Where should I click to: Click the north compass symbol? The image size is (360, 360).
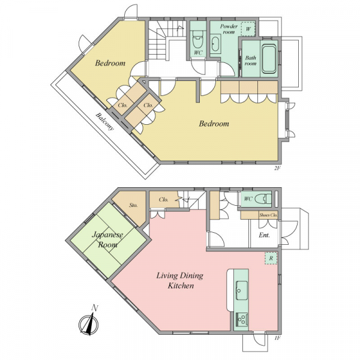coord(89,322)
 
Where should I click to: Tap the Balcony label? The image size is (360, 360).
coord(104,121)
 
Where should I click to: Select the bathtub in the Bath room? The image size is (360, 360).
coord(269,59)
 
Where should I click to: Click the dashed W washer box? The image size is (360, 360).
coord(248,29)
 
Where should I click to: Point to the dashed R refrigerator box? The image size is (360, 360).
coord(271,258)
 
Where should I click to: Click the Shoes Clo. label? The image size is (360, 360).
coord(268,215)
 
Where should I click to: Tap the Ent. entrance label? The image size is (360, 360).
coord(264,235)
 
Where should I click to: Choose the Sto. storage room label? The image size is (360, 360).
coord(133,205)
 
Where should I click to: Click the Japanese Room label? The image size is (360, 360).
coord(107,239)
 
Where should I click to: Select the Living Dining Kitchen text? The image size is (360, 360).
coord(180,280)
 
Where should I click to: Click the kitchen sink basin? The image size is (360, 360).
coord(241,290)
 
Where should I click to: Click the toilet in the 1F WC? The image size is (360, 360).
coord(263,199)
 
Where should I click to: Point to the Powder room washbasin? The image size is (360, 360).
coord(215,44)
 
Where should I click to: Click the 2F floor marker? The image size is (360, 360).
coord(277,168)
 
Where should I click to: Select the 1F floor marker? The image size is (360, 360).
coord(278,338)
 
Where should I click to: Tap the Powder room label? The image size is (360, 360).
coord(229,29)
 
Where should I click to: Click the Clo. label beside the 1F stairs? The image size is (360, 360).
coord(163,200)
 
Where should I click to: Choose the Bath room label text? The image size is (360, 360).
coord(250,61)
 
